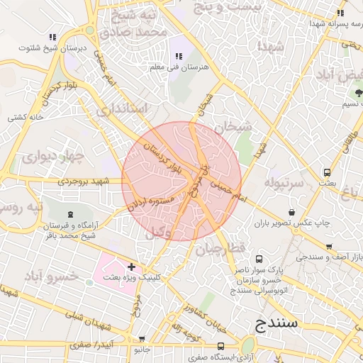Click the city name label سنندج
pos(278,324)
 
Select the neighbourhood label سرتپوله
pos(284,183)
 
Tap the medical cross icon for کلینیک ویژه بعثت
pos(131,266)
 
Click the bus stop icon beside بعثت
pos(327,172)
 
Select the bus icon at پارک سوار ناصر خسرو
pos(259,259)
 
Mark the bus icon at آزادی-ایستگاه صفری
pos(221,347)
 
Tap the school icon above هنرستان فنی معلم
pos(177,56)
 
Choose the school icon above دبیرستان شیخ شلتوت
pos(52,37)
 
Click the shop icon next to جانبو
pos(143,339)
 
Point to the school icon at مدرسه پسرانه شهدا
pos(341,13)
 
